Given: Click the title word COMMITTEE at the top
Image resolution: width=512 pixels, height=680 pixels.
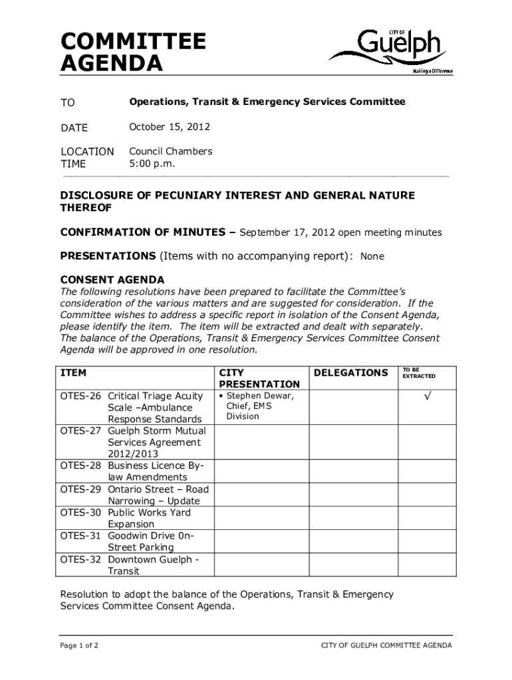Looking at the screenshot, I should [133, 42].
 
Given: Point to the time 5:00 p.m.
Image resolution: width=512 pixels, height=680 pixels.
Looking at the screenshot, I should [152, 163].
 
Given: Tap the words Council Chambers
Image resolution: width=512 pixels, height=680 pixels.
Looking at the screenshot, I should [170, 151].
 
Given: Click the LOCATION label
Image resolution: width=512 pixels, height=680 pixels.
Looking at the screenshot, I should [87, 151].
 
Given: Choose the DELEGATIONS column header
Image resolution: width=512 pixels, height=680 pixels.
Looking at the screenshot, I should [350, 373].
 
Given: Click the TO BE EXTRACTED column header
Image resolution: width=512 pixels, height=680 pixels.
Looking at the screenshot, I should [418, 373].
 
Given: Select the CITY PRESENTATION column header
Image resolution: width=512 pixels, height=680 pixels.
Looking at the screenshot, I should [259, 379].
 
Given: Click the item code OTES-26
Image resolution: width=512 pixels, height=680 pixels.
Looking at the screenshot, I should [81, 396].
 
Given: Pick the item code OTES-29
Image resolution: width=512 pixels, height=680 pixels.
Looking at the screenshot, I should [81, 489].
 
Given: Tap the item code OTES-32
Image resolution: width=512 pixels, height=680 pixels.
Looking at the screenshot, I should [81, 559].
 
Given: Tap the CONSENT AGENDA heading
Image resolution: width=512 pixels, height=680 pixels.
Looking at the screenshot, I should [112, 279].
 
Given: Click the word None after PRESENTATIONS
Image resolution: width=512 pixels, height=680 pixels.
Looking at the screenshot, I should [372, 256].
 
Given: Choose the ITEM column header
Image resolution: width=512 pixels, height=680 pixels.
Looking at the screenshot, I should [73, 373].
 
